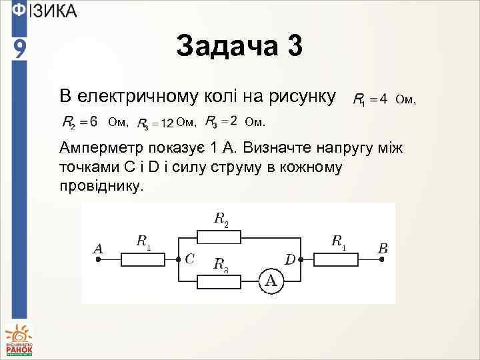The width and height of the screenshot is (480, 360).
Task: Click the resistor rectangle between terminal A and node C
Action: [143, 257]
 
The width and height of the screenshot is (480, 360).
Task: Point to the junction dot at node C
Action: [178, 257]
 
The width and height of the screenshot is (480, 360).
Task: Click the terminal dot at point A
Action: [98, 258]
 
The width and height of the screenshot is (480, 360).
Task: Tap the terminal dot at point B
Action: [382, 258]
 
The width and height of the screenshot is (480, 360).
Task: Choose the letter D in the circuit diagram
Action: [290, 259]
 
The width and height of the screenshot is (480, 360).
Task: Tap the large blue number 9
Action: [20, 49]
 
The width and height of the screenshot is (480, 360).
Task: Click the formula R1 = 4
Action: [369, 99]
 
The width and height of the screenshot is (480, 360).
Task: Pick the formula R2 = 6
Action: [80, 122]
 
